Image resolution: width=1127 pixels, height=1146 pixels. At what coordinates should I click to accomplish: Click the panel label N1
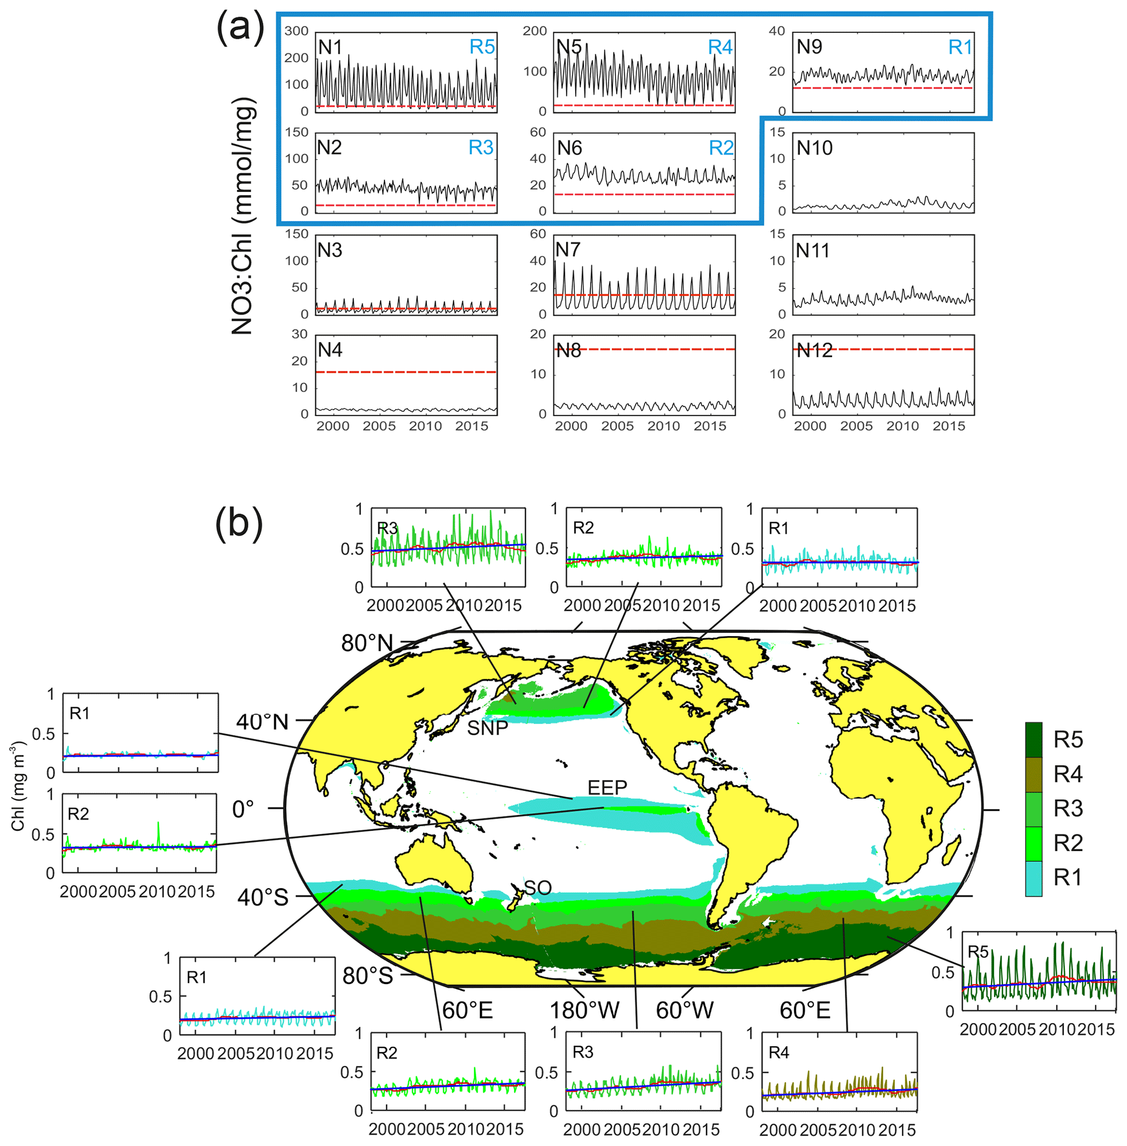coord(330,47)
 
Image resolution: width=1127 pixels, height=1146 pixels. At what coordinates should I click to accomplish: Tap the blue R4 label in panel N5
coord(720,47)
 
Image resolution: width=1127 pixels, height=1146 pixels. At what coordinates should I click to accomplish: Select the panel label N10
coord(815,147)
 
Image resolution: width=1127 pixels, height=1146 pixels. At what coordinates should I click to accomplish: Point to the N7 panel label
coord(567,250)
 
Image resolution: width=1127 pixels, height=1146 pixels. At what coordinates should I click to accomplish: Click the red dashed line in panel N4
coord(406,372)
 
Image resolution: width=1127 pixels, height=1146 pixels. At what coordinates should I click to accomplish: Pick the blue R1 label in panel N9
coord(960,47)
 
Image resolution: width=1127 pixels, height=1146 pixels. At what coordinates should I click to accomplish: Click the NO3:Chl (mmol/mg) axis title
coord(243,216)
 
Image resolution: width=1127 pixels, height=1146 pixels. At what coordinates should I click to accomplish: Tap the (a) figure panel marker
coord(240,28)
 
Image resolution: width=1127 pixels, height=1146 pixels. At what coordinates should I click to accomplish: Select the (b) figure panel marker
coord(239,524)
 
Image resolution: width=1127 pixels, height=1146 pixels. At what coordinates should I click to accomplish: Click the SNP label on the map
coord(487,728)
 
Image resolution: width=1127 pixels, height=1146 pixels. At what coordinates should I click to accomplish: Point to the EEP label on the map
coord(607,788)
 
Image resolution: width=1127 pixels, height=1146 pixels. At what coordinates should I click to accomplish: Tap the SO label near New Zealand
coord(538,888)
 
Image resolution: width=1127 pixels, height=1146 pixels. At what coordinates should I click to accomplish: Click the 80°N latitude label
coord(367,643)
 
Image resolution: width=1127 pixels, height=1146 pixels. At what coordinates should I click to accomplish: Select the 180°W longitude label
coord(584,1010)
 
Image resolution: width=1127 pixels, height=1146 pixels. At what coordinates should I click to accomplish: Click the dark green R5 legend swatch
coord(1033,739)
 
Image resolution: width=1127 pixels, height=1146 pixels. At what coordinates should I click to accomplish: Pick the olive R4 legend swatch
coord(1033,774)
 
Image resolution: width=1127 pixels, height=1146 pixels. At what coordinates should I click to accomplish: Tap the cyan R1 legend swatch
coord(1033,878)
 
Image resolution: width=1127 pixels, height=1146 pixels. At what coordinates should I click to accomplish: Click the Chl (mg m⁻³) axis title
coord(19,785)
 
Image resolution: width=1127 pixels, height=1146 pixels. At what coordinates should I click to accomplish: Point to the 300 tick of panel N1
coord(296,31)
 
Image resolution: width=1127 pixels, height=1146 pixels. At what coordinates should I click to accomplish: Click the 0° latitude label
coord(243,809)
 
